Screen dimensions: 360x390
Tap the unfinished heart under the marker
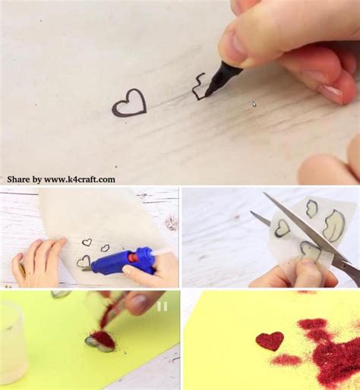coord(195,93)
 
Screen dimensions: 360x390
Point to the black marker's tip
coord(206,96)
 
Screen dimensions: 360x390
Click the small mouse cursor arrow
coord(254,104)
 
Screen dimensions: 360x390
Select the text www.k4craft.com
coord(80,179)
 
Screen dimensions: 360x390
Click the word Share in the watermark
coord(18,179)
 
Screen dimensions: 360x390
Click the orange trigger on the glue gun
coord(131,258)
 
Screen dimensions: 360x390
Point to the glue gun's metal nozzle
coord(87,269)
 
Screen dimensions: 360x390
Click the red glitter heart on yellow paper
coord(270,341)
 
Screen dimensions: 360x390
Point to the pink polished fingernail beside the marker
coord(330,93)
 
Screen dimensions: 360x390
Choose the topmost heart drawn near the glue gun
coord(87,242)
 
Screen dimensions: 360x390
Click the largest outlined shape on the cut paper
coord(333,225)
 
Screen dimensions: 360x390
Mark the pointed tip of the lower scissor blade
coord(251,212)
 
